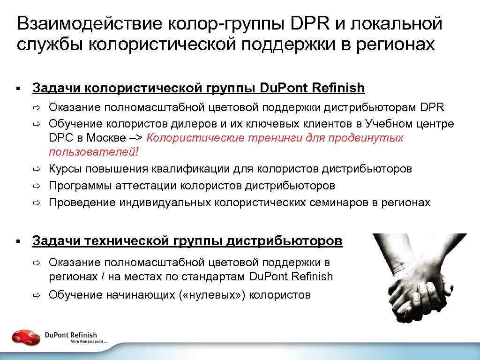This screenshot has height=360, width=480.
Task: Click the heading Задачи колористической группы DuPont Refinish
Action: [x=198, y=88]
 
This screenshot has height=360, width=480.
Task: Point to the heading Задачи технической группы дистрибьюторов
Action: [x=187, y=241]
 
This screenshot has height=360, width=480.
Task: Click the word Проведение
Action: [x=82, y=202]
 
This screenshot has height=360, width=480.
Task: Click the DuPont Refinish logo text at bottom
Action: [x=71, y=335]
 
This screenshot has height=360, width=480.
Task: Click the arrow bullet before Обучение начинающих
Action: [x=37, y=295]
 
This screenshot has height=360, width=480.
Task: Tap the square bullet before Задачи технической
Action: [x=18, y=241]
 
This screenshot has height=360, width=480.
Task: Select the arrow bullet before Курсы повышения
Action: [x=37, y=169]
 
